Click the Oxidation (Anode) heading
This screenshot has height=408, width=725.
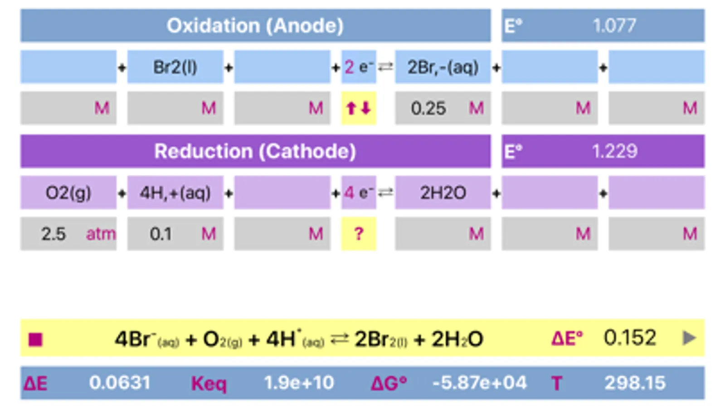(x=255, y=25)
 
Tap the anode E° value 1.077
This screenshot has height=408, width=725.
(x=614, y=25)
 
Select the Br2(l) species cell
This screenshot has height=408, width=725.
(x=175, y=67)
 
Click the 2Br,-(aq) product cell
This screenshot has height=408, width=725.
(x=443, y=67)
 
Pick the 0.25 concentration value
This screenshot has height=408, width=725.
(x=428, y=108)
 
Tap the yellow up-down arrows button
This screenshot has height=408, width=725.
(x=359, y=108)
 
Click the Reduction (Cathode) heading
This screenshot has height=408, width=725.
(x=255, y=151)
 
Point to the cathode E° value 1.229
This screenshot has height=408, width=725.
(x=614, y=151)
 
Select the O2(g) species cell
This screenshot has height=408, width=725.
(x=68, y=193)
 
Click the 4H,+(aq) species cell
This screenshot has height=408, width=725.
(x=175, y=193)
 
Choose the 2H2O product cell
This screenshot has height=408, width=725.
(x=443, y=193)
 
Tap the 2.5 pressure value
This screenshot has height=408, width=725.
(x=54, y=234)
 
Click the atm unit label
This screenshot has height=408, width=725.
(x=101, y=234)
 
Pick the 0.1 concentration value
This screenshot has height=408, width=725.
(x=161, y=234)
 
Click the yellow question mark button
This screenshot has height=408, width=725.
(x=359, y=234)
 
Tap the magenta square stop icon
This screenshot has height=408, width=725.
(x=35, y=340)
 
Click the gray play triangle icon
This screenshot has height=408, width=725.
(x=689, y=338)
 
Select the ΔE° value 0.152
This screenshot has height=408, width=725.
(x=630, y=338)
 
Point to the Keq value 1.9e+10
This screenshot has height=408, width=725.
(x=299, y=383)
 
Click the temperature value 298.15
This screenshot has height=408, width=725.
(x=635, y=383)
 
